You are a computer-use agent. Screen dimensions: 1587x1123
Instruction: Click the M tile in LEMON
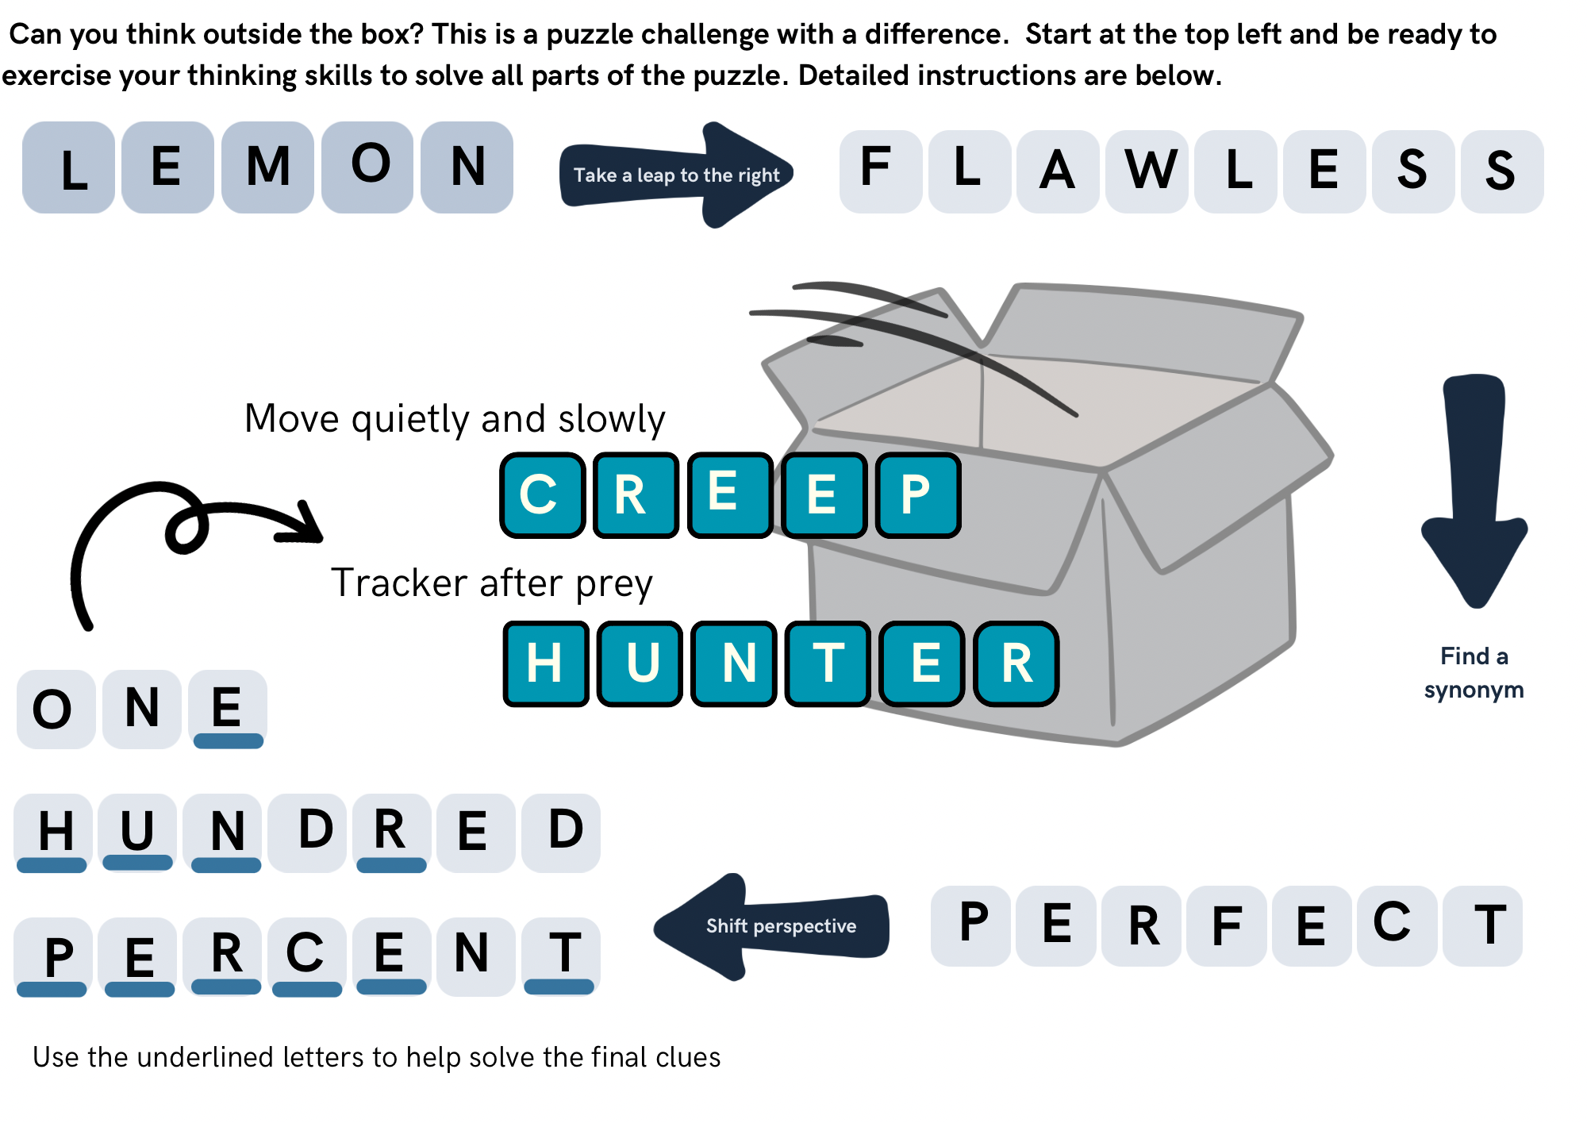tap(267, 167)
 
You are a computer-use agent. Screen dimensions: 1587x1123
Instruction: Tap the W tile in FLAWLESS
tap(1149, 171)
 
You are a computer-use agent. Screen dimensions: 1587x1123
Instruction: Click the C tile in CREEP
tap(542, 495)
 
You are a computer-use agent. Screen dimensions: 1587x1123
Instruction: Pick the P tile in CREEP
tap(918, 495)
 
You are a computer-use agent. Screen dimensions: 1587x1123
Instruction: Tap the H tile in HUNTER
tap(546, 663)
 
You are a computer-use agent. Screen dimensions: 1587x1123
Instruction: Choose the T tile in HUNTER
tap(828, 663)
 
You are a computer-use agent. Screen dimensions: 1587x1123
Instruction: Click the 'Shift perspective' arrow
tap(774, 926)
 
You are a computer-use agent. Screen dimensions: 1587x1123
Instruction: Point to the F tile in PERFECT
tap(1226, 926)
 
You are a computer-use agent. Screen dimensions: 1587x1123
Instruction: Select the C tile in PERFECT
tap(1396, 925)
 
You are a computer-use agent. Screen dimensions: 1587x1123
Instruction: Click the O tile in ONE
tap(54, 709)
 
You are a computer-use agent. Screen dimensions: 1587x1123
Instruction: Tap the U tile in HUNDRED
tap(138, 833)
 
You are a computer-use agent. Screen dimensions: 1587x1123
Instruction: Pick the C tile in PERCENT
tap(306, 956)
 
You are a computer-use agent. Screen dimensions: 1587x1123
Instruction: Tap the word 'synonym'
tap(1474, 690)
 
